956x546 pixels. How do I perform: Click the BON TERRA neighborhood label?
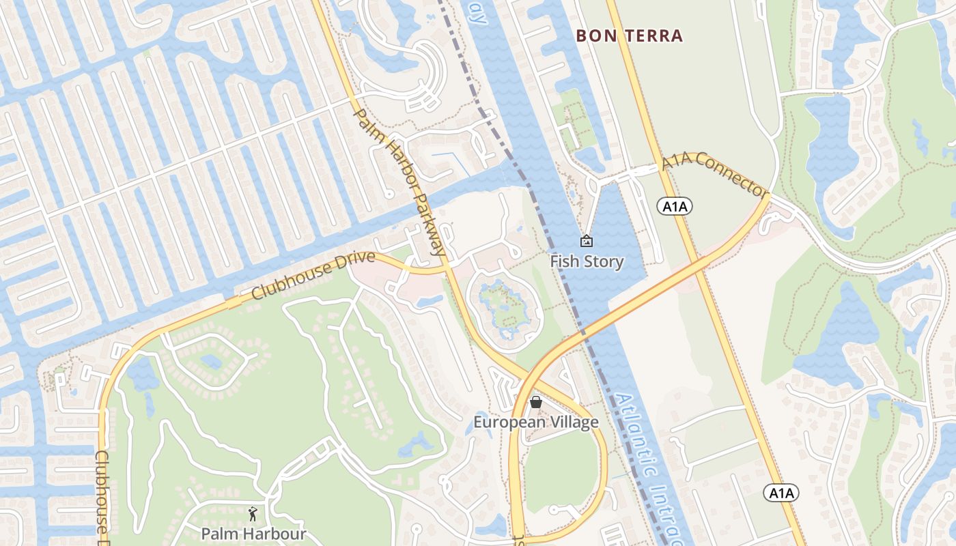point(630,35)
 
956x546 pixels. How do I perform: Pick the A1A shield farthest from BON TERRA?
point(781,493)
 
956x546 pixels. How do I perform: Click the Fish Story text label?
point(587,261)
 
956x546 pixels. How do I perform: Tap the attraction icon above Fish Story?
point(586,241)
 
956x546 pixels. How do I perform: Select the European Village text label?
point(536,422)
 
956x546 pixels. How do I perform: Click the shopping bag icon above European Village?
point(536,402)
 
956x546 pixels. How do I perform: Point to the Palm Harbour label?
point(253,533)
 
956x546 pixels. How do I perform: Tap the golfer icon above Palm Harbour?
point(253,513)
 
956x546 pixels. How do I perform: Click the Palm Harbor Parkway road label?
point(400,182)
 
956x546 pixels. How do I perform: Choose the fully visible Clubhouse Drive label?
point(313,276)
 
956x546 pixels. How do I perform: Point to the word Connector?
point(733,182)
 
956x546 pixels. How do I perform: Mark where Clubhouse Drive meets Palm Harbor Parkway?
point(446,268)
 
